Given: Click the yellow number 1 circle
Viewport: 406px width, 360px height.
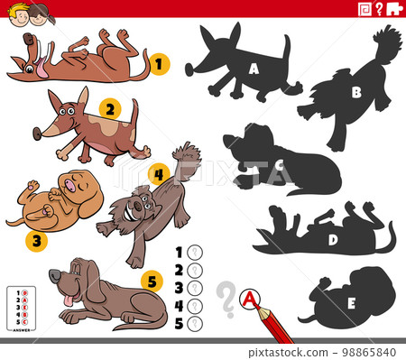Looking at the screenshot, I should pyautogui.click(x=158, y=63).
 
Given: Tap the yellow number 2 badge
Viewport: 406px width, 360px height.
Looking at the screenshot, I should pyautogui.click(x=108, y=110).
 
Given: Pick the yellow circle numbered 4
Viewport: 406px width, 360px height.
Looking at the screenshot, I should pyautogui.click(x=159, y=173).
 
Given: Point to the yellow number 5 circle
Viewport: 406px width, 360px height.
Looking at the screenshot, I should pyautogui.click(x=152, y=282).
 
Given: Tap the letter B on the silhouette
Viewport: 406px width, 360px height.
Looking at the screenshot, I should pyautogui.click(x=355, y=91).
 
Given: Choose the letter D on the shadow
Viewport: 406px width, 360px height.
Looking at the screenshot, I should pyautogui.click(x=332, y=239).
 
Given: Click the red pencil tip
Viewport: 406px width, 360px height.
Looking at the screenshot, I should pyautogui.click(x=267, y=309).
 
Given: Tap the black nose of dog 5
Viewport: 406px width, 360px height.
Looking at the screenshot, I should pyautogui.click(x=53, y=273).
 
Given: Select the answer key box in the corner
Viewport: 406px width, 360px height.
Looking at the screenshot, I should pyautogui.click(x=21, y=306).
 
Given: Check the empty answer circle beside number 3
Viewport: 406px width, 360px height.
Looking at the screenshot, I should pyautogui.click(x=193, y=288).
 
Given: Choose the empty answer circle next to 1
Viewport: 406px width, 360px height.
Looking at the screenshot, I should pyautogui.click(x=193, y=253).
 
